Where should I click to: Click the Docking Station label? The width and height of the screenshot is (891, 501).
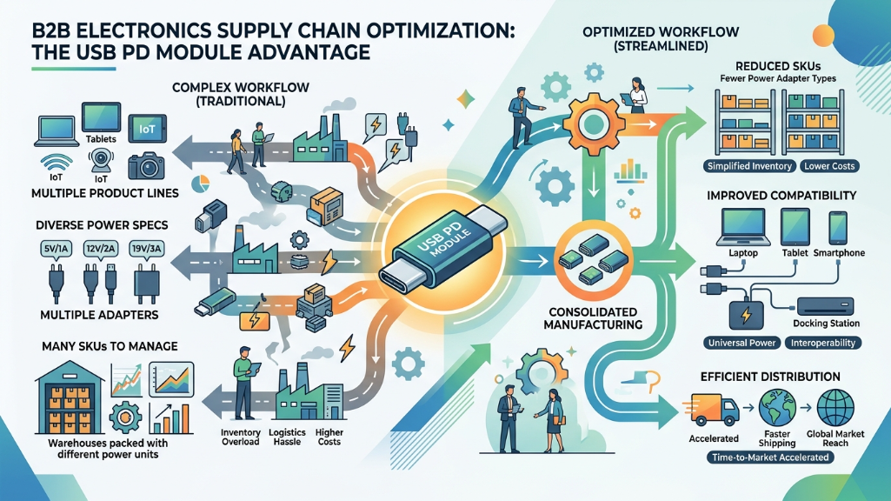point(827,324)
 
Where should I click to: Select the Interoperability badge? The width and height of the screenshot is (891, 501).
point(824,343)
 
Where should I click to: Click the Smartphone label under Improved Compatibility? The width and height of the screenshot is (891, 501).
point(839,252)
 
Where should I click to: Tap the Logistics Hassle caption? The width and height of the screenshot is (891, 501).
point(288,438)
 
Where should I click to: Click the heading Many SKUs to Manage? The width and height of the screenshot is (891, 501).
point(97,346)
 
